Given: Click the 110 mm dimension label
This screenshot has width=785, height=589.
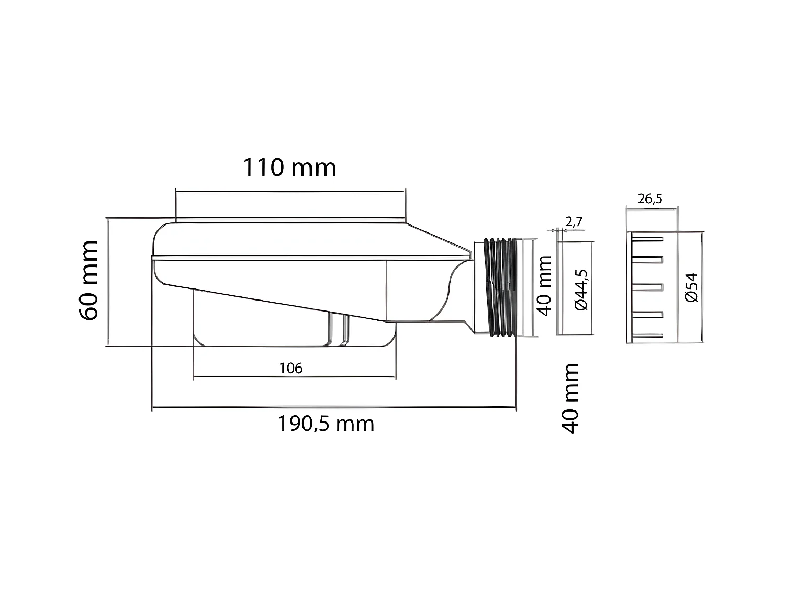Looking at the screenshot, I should point(289,168).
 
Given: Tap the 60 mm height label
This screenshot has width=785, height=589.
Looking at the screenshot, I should point(88,281).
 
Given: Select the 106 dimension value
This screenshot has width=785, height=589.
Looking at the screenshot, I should point(290,368).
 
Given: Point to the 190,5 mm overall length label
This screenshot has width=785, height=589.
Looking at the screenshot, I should point(326,423).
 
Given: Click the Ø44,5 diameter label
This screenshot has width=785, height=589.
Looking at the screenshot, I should point(581,290).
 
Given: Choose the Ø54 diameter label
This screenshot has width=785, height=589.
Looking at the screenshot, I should point(691,287).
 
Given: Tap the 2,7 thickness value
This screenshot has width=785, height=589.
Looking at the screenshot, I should point(574,221).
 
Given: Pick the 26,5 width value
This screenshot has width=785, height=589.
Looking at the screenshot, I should point(650,198).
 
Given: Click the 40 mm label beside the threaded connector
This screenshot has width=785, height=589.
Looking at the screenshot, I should point(545,285).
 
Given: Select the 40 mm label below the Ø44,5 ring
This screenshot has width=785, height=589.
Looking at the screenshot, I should point(570,398).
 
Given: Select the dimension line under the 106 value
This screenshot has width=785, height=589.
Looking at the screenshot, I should point(295,377).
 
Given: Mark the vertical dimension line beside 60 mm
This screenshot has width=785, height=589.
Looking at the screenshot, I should point(108,282).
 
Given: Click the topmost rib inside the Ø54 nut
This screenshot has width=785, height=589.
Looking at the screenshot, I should point(648,239).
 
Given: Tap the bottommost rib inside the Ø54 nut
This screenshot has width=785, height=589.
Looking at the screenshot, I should point(648,336).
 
